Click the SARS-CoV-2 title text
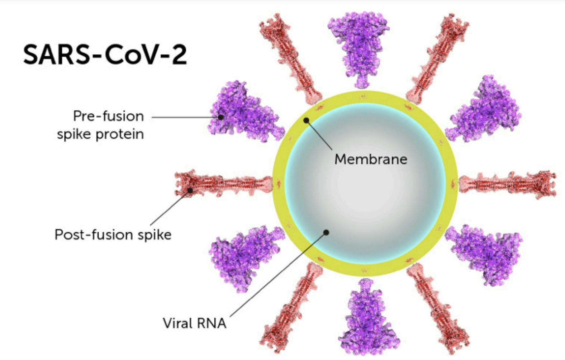pos(105,55)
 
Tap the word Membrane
pos(371,159)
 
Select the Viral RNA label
pos(194,323)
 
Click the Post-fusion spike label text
pos(113,235)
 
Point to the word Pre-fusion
pos(108,116)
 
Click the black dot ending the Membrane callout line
pos(306,120)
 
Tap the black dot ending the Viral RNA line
pos(326,232)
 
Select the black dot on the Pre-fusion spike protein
pos(221,117)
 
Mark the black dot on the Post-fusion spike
pos(190,190)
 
